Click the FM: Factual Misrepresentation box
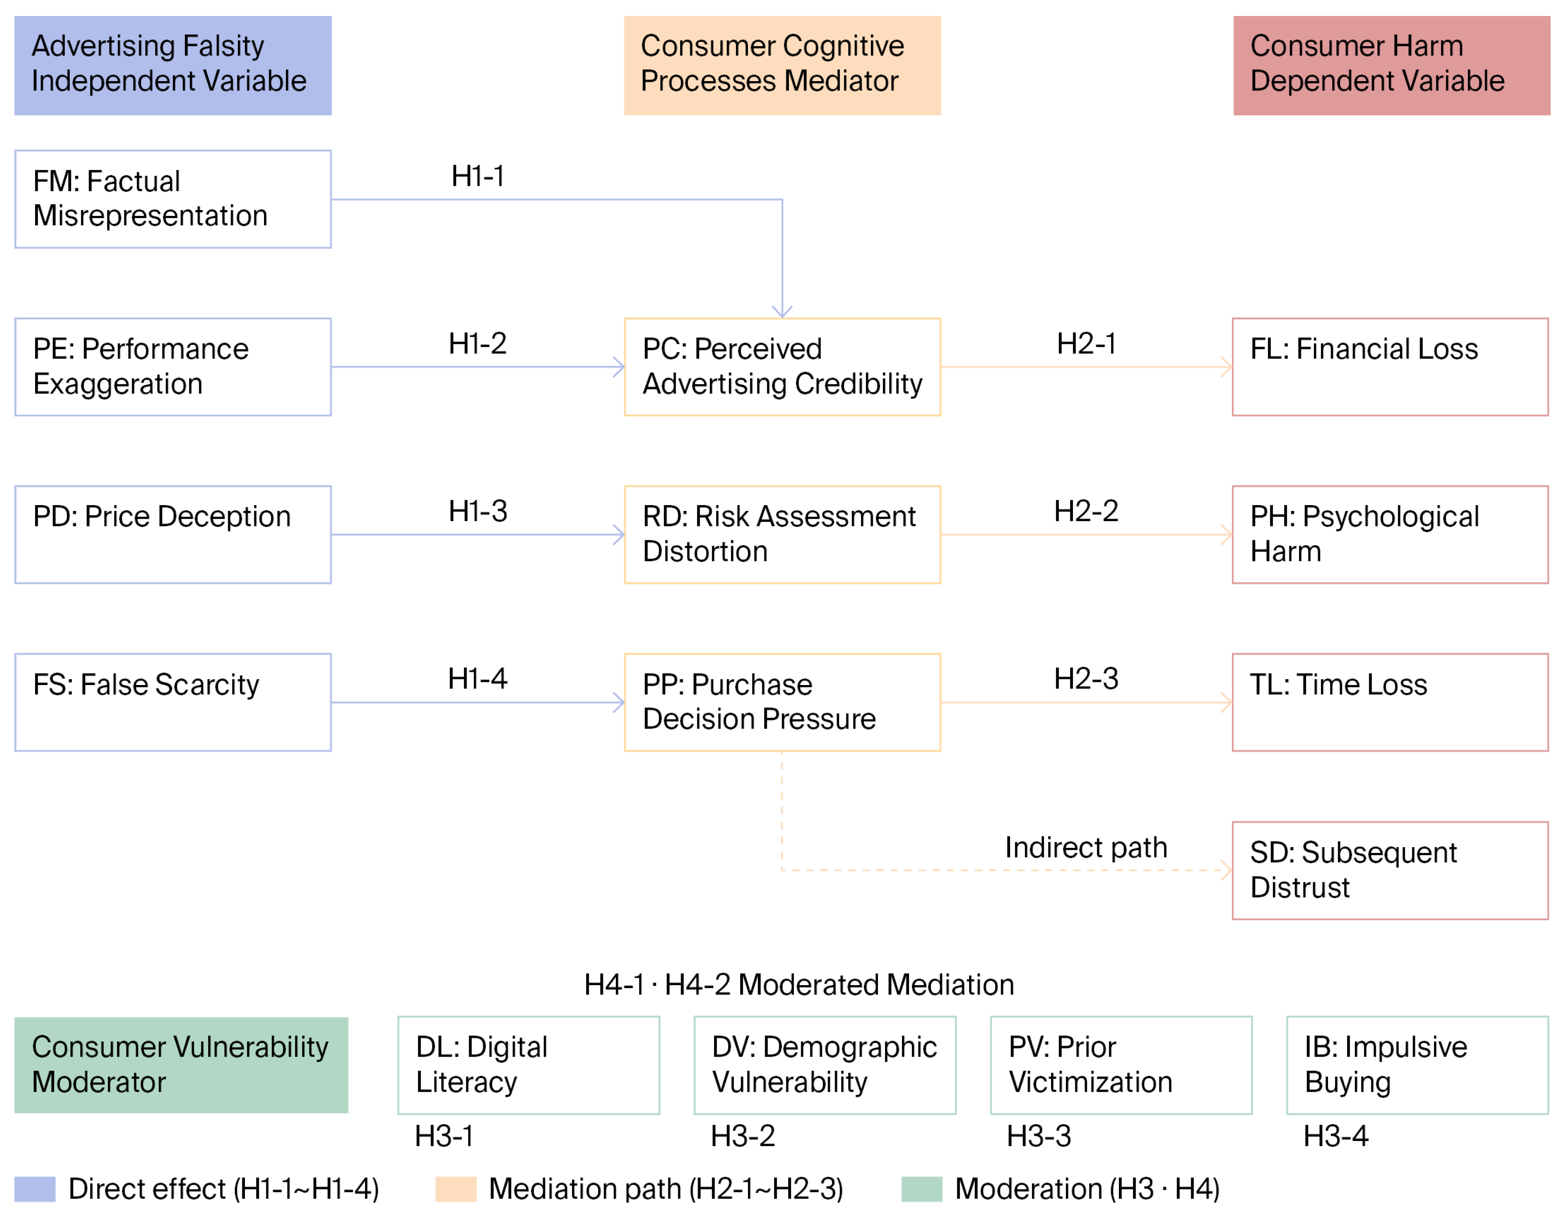click(x=173, y=199)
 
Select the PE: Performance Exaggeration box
click(x=173, y=367)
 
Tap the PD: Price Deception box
click(x=173, y=535)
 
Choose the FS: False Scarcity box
click(x=173, y=702)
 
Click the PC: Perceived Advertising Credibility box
click(x=782, y=367)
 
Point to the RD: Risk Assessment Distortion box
click(x=782, y=535)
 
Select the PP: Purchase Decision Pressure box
click(x=782, y=702)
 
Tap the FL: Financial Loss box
click(x=1390, y=367)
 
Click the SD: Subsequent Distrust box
click(x=1390, y=870)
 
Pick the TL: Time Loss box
click(x=1390, y=702)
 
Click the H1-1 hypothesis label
click(x=478, y=176)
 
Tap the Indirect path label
click(x=1086, y=847)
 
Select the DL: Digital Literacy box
click(x=529, y=1065)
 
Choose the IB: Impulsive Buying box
click(x=1417, y=1065)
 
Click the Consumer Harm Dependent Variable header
click(x=1391, y=65)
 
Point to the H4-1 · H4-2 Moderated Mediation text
click(x=799, y=984)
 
